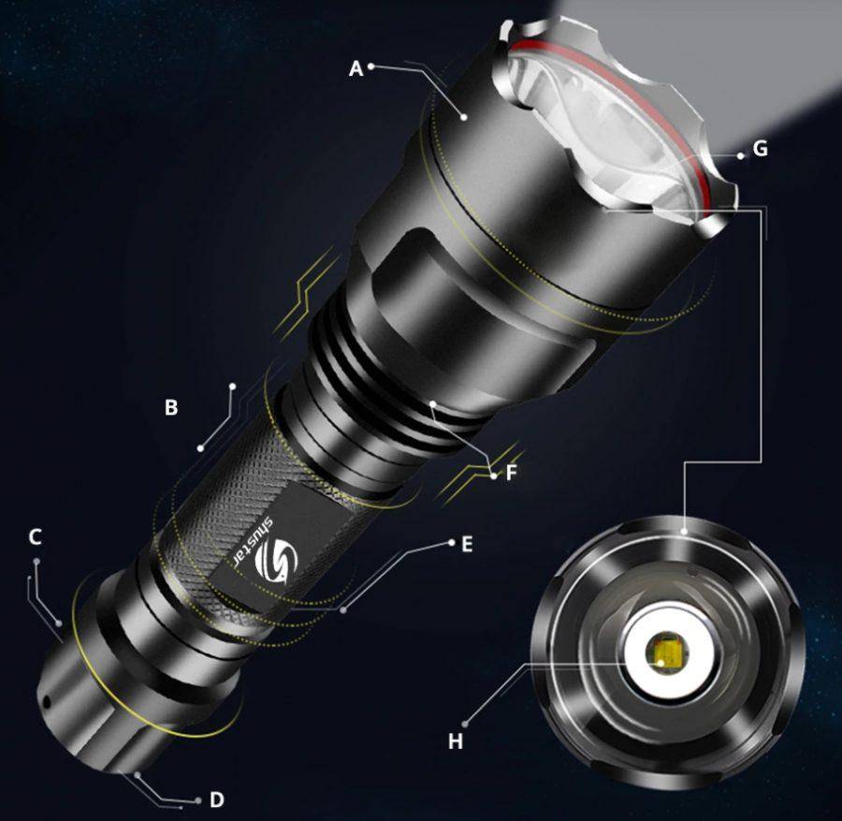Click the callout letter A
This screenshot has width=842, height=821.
click(356, 68)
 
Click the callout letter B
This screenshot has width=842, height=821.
click(171, 407)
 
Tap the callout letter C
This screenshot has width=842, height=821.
click(36, 536)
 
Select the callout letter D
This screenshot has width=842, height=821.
click(216, 800)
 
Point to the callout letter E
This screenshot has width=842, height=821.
click(467, 545)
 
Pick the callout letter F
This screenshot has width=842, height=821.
click(511, 473)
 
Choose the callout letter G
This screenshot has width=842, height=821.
click(761, 149)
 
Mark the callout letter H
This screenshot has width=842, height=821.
click(456, 741)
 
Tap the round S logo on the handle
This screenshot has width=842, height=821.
click(276, 559)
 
